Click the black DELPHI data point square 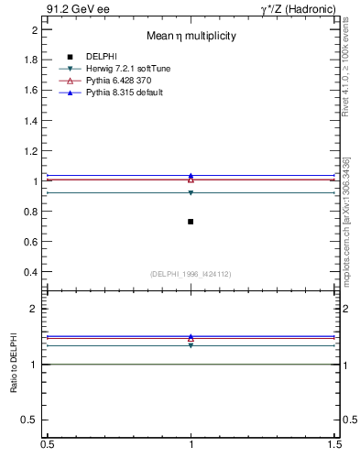coord(191,222)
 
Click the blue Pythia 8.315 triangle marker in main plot coord(191,176)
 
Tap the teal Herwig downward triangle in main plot coord(191,192)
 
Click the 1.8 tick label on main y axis coord(31,60)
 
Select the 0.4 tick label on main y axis coord(31,272)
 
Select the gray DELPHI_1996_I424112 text coord(191,274)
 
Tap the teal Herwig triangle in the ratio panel coord(191,345)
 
